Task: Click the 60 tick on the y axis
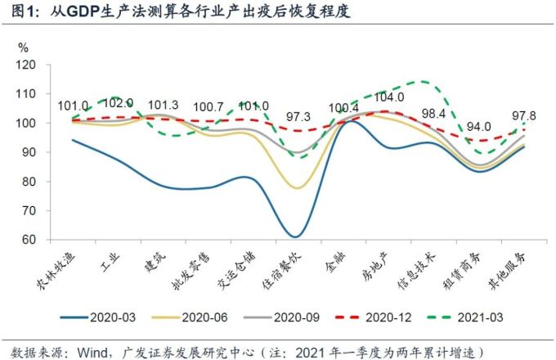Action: click(29, 240)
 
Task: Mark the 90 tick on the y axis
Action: click(29, 152)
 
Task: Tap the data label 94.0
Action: click(480, 127)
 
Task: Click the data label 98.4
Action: click(432, 113)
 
